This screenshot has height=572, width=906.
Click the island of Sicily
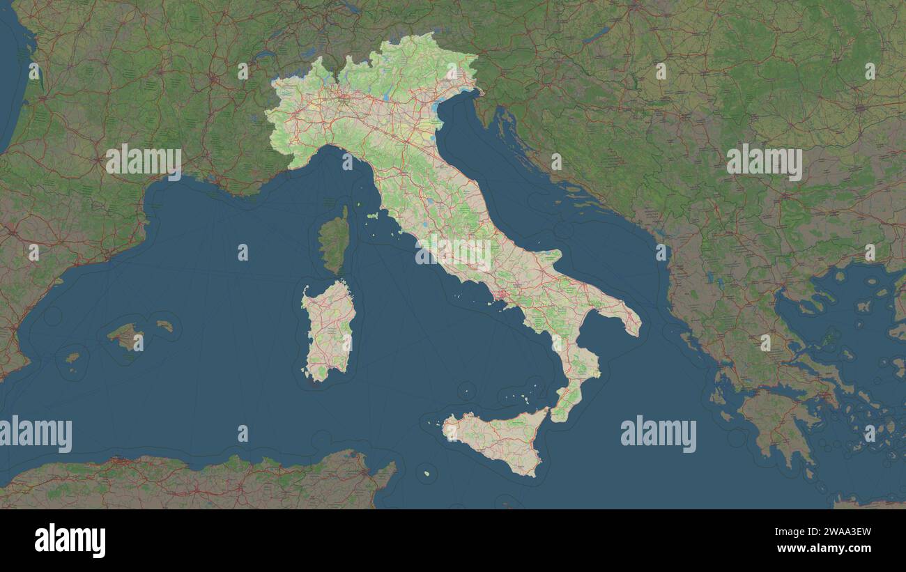tap(498, 439)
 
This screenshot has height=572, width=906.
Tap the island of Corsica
tap(335, 240)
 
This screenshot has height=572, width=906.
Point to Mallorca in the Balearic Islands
tap(125, 336)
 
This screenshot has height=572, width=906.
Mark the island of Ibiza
tap(72, 358)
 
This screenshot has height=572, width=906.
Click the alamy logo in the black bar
tap(70, 541)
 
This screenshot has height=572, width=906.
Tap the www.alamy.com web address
tap(824, 548)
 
